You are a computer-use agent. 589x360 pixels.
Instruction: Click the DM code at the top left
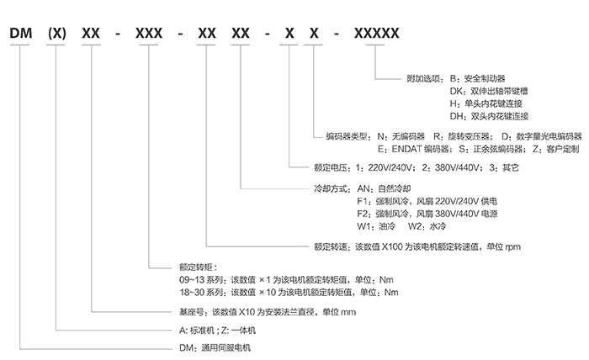(23, 34)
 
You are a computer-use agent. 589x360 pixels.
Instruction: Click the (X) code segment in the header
(56, 34)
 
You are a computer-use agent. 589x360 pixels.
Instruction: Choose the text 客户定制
(561, 148)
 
